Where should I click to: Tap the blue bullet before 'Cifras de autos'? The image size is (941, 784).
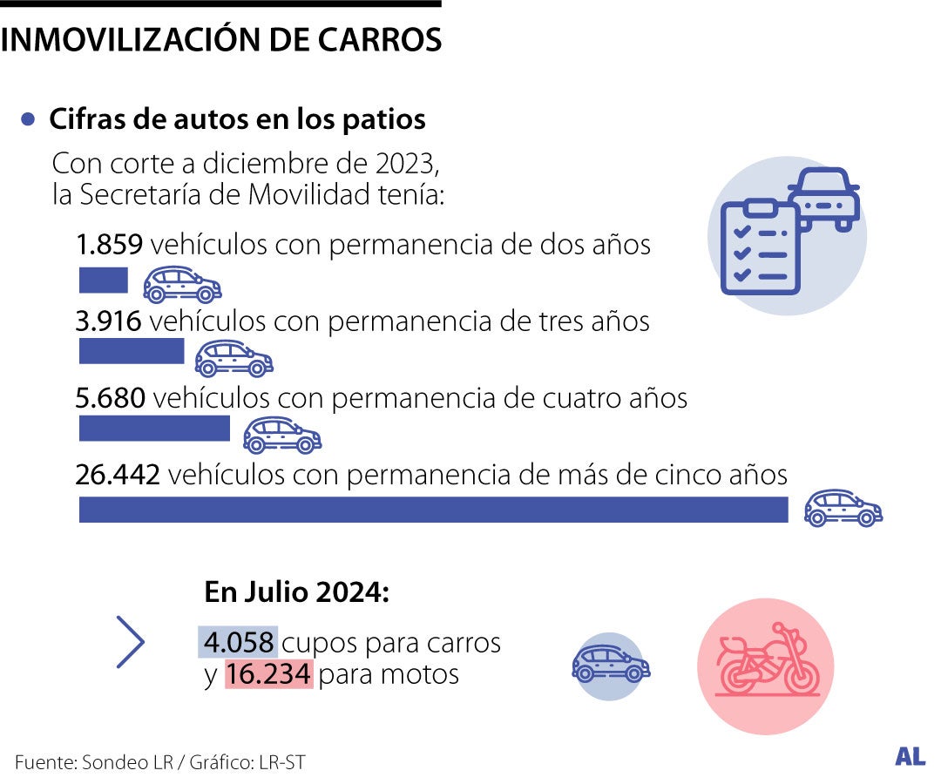click(x=30, y=119)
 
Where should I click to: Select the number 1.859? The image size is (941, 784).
click(x=109, y=245)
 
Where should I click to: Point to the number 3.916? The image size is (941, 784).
click(x=109, y=321)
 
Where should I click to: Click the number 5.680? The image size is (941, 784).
click(x=112, y=398)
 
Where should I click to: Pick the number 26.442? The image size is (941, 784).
click(x=118, y=475)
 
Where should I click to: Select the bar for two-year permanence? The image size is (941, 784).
click(x=103, y=280)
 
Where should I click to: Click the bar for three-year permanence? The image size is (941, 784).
click(x=132, y=351)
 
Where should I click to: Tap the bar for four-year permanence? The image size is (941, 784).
click(x=154, y=429)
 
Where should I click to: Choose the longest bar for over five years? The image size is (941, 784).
click(x=433, y=510)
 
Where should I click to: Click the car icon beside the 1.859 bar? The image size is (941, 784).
click(x=182, y=284)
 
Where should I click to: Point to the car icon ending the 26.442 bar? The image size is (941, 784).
click(x=843, y=508)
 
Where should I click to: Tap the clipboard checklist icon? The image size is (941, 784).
click(x=760, y=247)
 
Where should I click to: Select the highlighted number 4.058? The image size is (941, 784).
click(x=238, y=643)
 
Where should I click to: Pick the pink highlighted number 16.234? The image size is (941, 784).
click(x=268, y=674)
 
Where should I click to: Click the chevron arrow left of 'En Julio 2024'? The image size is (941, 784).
click(x=130, y=642)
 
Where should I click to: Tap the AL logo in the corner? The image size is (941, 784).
click(x=910, y=756)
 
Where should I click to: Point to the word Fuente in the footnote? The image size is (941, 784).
click(x=44, y=762)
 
